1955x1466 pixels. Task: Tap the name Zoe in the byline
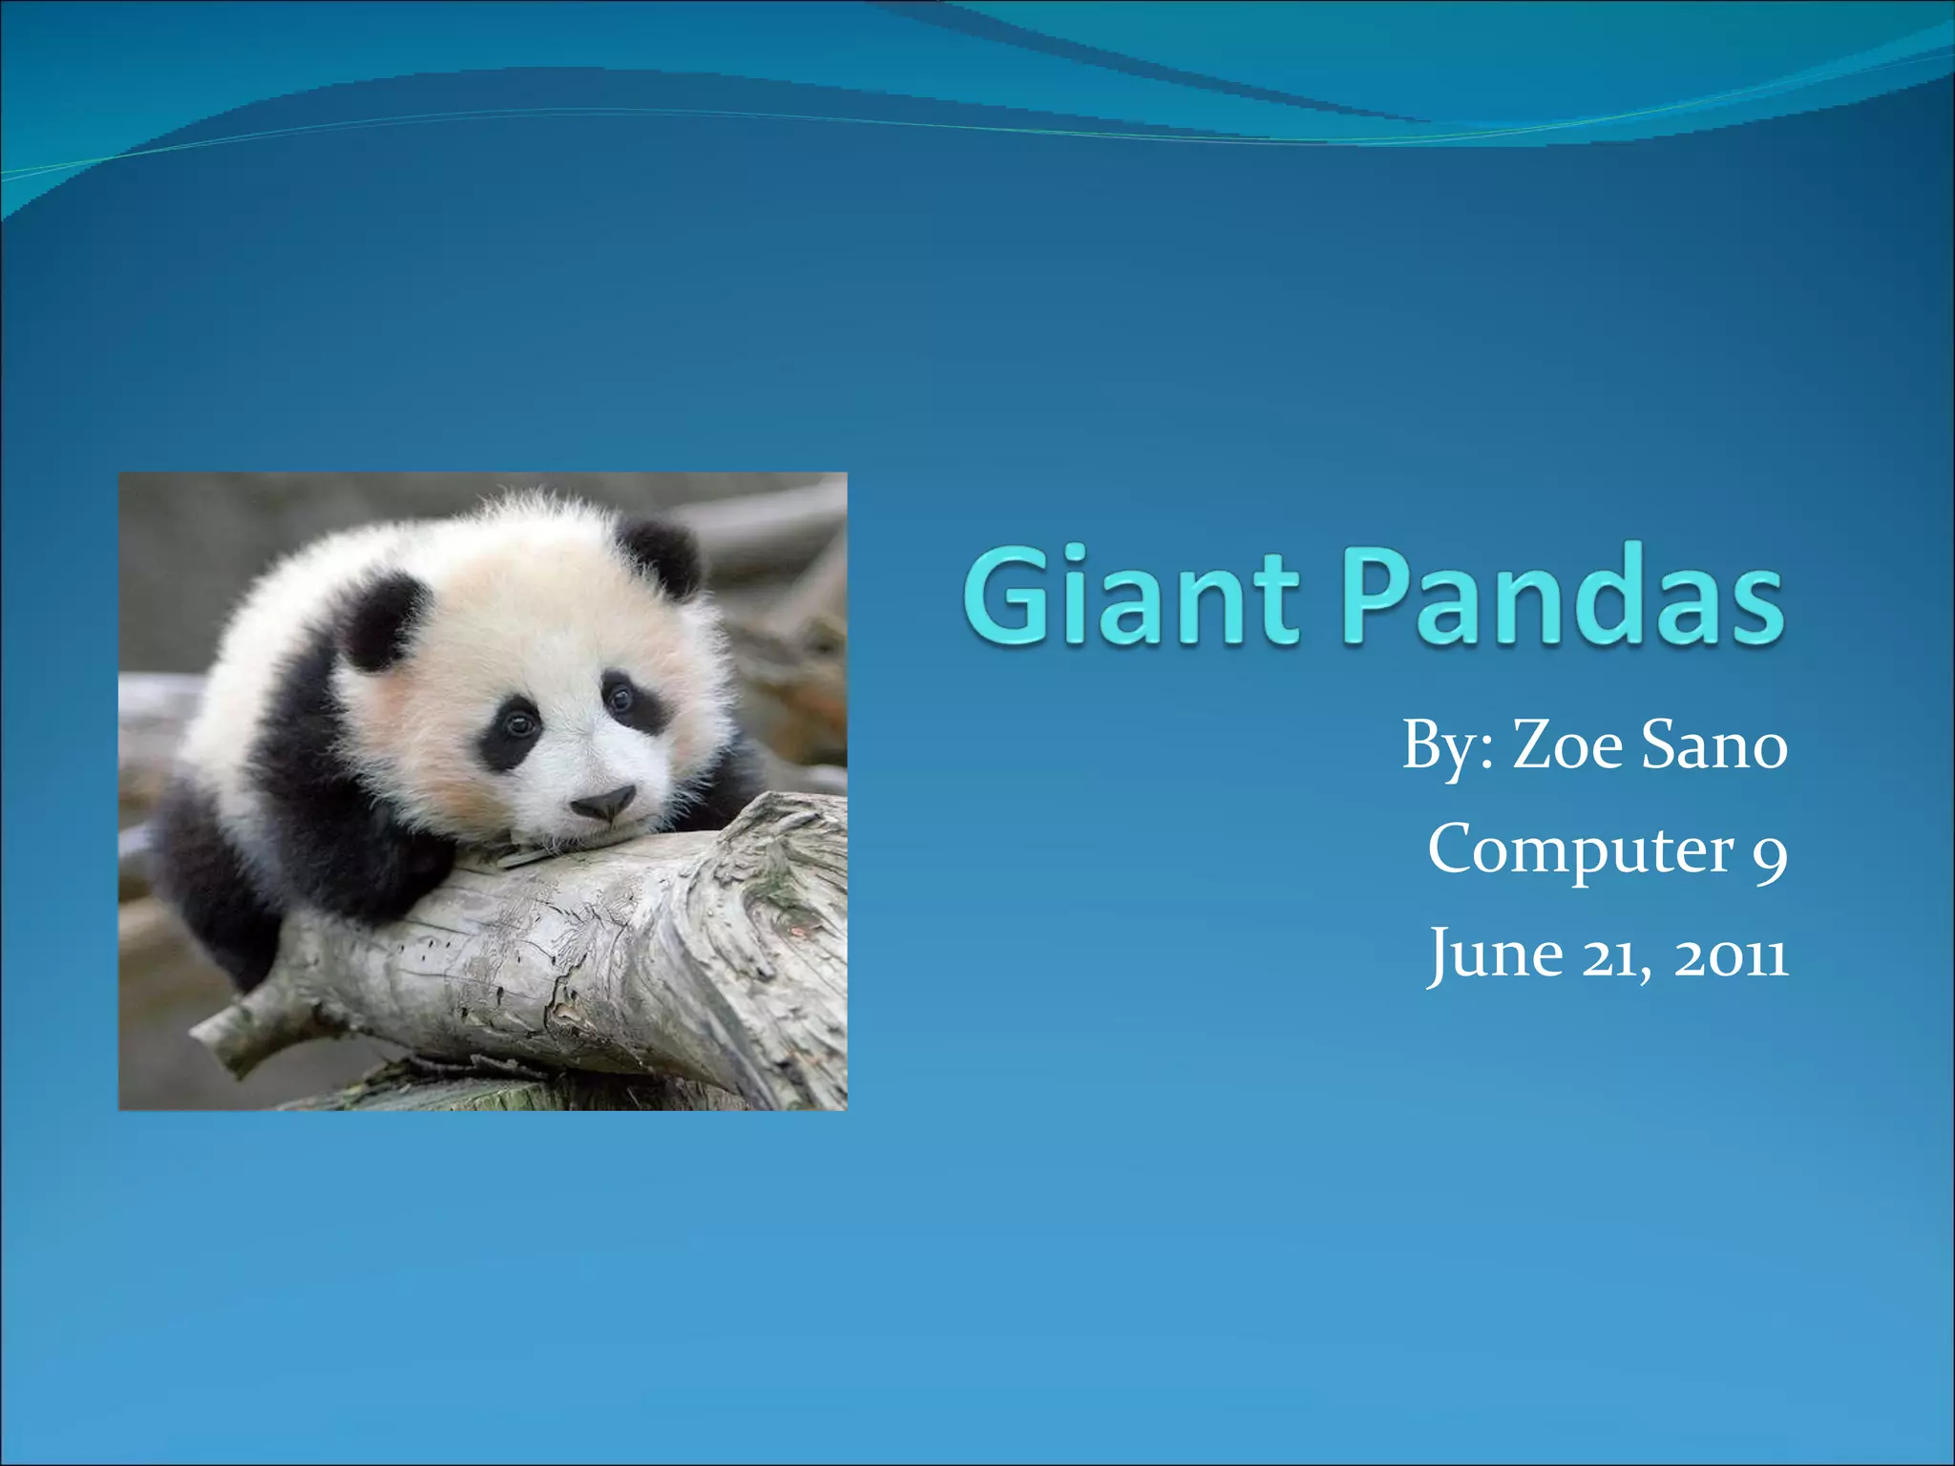(x=1566, y=744)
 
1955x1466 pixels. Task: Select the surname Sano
(x=1714, y=744)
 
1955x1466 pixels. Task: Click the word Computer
(x=1580, y=848)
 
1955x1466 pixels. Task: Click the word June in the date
(x=1495, y=953)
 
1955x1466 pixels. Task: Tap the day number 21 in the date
(x=1612, y=955)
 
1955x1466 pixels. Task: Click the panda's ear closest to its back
(x=382, y=620)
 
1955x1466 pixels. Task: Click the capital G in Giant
(x=1012, y=594)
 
